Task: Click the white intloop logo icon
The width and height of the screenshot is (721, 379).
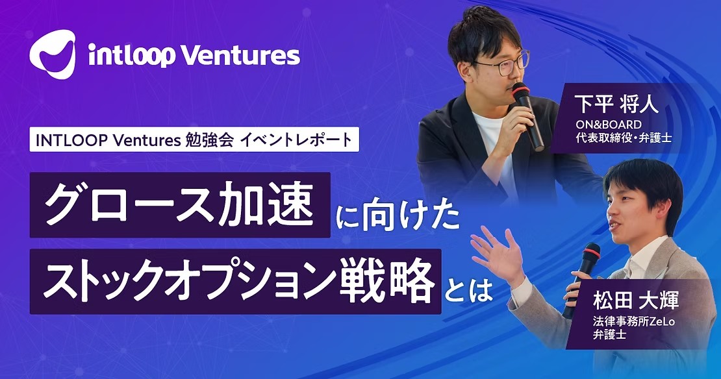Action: tap(53, 54)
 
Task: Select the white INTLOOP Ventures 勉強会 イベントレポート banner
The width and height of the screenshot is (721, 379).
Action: tap(194, 141)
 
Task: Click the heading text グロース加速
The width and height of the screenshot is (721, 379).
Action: tap(180, 205)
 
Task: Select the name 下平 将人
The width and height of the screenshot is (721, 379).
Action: tap(616, 104)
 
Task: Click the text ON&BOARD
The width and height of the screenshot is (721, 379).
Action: tap(609, 125)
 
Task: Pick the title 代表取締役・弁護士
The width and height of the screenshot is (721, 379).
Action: tap(624, 138)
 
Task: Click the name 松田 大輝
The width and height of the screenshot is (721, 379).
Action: tap(635, 302)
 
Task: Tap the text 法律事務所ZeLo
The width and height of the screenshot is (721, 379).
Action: tap(633, 322)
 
